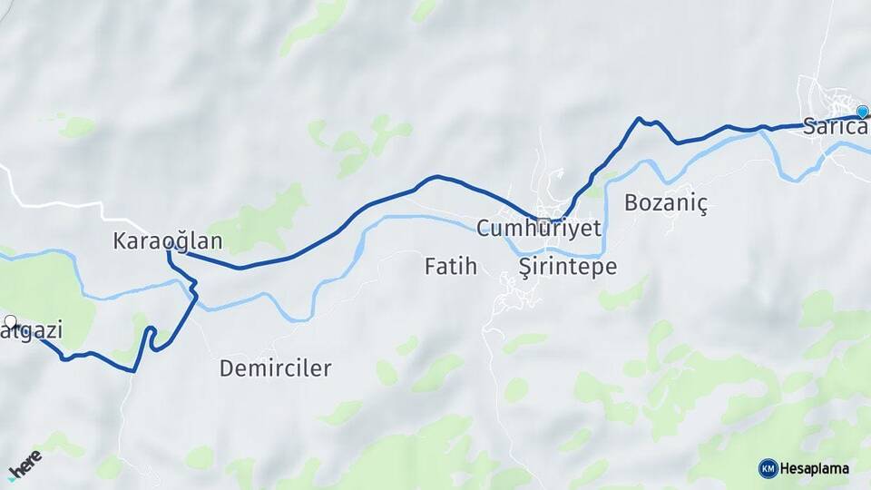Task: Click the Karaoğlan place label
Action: (168, 241)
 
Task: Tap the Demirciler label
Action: (275, 368)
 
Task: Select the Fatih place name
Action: (450, 267)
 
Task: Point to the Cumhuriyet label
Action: (539, 228)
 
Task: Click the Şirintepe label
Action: (567, 267)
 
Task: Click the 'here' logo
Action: (24, 463)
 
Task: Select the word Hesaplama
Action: (815, 468)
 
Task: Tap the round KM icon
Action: (768, 468)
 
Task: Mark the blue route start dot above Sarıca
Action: (862, 112)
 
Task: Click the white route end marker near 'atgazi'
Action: (10, 321)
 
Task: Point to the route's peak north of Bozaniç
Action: (640, 119)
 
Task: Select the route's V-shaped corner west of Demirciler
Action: (134, 370)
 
